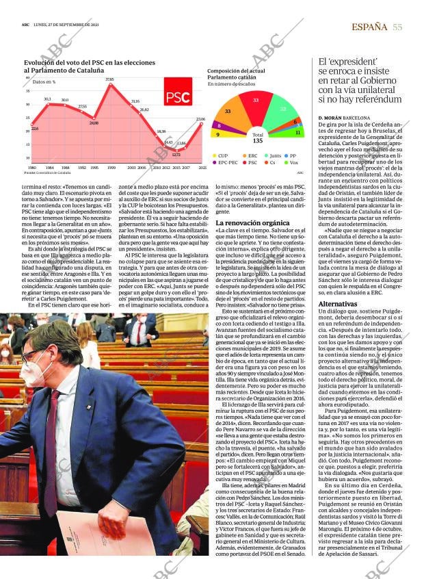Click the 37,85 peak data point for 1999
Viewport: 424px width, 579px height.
pyautogui.click(x=109, y=86)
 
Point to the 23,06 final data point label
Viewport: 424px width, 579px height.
pyautogui.click(x=200, y=119)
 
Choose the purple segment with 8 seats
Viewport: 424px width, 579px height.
pyautogui.click(x=219, y=125)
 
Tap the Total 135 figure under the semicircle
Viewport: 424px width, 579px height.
pyautogui.click(x=258, y=138)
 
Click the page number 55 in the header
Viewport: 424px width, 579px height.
pyautogui.click(x=397, y=27)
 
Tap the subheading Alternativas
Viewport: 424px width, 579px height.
pyautogui.click(x=338, y=303)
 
